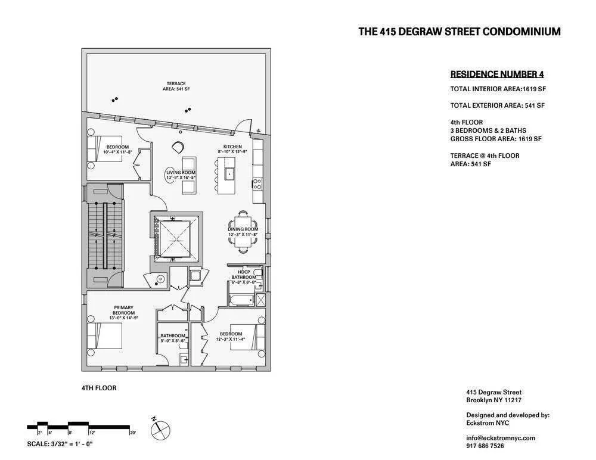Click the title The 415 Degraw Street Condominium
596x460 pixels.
point(459,32)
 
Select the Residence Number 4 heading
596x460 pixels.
point(496,74)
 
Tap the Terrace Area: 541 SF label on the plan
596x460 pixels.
point(176,86)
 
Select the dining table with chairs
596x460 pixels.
point(243,222)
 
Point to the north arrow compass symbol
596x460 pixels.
point(162,427)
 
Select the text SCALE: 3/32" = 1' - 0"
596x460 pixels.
point(60,444)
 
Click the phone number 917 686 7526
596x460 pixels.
point(485,446)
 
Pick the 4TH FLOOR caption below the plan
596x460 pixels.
point(99,388)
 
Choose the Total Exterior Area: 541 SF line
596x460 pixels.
point(498,105)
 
